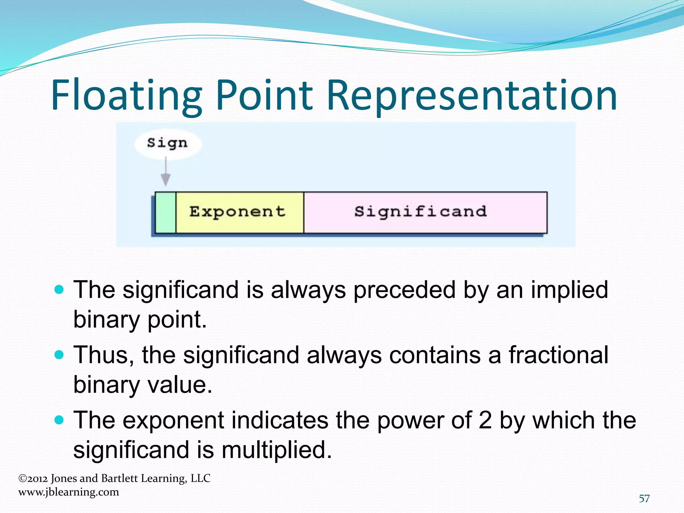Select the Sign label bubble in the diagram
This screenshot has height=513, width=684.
tap(168, 143)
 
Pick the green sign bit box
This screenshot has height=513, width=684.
tap(166, 212)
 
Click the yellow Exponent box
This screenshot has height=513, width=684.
tap(239, 212)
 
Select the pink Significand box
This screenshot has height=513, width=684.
tap(425, 212)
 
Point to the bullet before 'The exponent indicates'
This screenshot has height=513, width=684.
tap(59, 420)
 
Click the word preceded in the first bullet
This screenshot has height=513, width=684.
tap(404, 290)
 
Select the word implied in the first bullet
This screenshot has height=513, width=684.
tap(569, 290)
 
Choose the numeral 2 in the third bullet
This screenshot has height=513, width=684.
tap(485, 420)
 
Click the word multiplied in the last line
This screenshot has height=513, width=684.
tap(277, 450)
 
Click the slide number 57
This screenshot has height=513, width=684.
tap(644, 499)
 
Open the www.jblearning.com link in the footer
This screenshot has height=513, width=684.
tap(69, 492)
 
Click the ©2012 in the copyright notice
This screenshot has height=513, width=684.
tap(33, 479)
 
